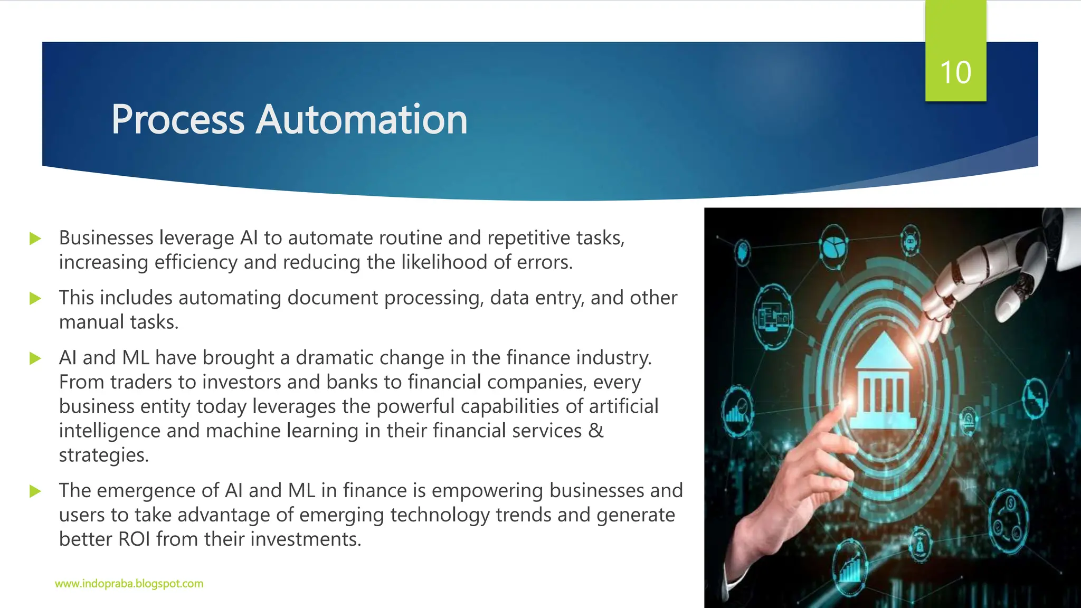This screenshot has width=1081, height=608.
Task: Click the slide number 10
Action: (955, 72)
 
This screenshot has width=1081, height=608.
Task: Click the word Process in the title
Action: (177, 120)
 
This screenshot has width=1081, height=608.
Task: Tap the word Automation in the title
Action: (362, 120)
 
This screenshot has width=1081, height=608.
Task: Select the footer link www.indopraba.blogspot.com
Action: (129, 584)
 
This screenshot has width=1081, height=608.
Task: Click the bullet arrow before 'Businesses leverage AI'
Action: (35, 239)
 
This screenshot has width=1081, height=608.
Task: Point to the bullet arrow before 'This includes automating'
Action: (35, 299)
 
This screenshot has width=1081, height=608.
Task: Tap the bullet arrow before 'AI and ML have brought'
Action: (35, 359)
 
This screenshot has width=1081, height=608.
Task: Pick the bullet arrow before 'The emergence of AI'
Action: (35, 492)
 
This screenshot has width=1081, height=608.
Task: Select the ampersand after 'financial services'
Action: (595, 431)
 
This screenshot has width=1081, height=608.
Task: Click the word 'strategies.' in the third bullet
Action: (104, 455)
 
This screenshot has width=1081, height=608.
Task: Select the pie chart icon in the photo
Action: (834, 246)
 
